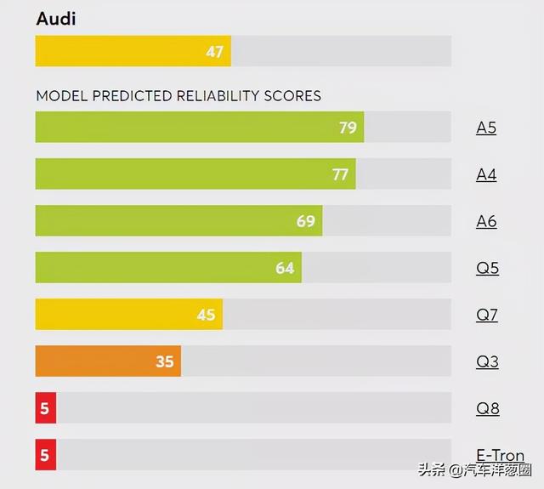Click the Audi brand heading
click(55, 19)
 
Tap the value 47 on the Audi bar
click(214, 52)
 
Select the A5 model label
click(486, 128)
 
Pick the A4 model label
click(486, 175)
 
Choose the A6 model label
click(486, 222)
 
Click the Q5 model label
click(487, 269)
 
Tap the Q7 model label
click(487, 316)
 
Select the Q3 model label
click(487, 362)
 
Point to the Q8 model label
click(487, 409)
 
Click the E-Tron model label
click(500, 456)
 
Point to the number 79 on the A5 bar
click(347, 128)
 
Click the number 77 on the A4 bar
click(340, 175)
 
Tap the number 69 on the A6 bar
click(305, 222)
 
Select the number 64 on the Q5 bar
click(285, 269)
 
